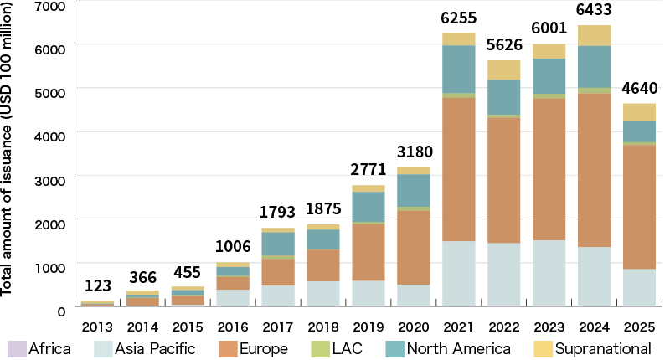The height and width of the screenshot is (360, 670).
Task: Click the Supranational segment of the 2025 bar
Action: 639,111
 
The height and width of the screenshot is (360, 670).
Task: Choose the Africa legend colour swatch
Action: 16,348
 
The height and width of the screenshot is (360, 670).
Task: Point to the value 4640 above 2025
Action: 639,89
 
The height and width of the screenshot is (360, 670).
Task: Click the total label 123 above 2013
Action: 97,286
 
